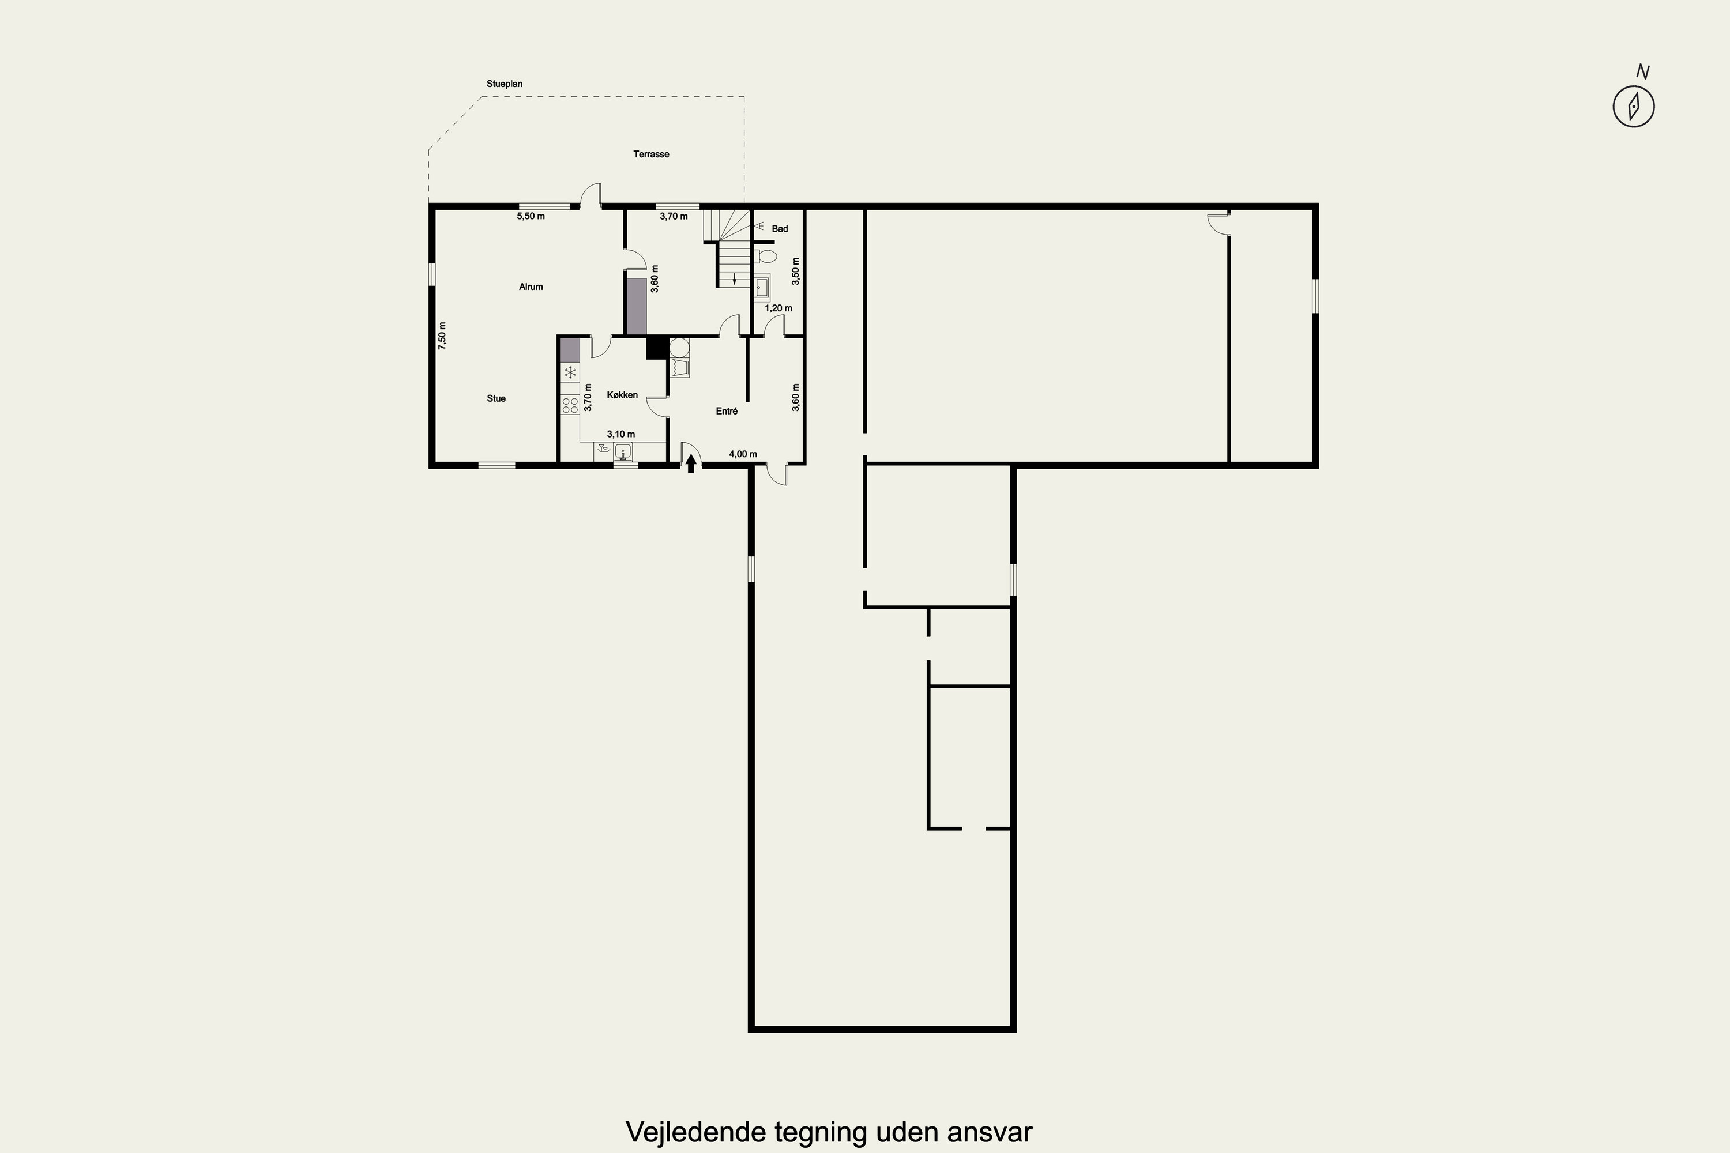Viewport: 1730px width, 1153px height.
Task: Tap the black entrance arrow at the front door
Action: click(x=691, y=464)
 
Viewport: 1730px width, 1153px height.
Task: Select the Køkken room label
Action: click(x=622, y=395)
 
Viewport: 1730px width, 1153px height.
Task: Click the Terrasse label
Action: click(x=651, y=155)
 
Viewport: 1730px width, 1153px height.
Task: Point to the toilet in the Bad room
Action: click(x=765, y=257)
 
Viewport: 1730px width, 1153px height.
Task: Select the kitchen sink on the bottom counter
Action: click(x=624, y=451)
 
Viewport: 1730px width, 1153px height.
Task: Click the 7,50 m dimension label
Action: click(x=442, y=336)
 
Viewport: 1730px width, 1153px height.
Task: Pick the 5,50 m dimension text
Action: click(x=531, y=216)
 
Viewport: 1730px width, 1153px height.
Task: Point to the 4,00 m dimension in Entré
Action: click(x=743, y=454)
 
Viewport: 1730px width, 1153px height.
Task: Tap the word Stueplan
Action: click(x=505, y=84)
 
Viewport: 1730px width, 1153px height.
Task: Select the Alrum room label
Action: click(x=531, y=287)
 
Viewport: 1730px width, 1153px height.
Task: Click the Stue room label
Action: click(x=497, y=398)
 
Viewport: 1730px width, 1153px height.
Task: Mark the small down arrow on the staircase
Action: click(x=734, y=278)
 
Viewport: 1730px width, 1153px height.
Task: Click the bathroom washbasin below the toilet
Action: click(x=762, y=285)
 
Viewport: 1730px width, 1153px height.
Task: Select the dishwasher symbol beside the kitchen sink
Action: click(x=604, y=451)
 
